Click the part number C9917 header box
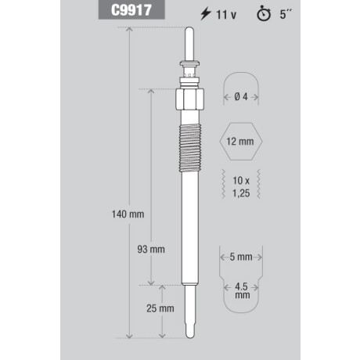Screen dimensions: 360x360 [x=131, y=9]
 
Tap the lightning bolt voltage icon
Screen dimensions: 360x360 [x=205, y=13]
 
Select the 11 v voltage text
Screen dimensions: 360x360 [x=226, y=15]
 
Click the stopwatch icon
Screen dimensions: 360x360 [x=264, y=14]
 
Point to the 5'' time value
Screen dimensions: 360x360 [x=286, y=14]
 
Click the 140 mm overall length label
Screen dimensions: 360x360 [x=128, y=214]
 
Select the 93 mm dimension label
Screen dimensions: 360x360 [x=151, y=250]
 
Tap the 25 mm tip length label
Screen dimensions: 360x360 [x=160, y=308]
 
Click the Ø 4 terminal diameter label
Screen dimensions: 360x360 [x=241, y=97]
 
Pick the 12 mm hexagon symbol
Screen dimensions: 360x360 [x=241, y=141]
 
